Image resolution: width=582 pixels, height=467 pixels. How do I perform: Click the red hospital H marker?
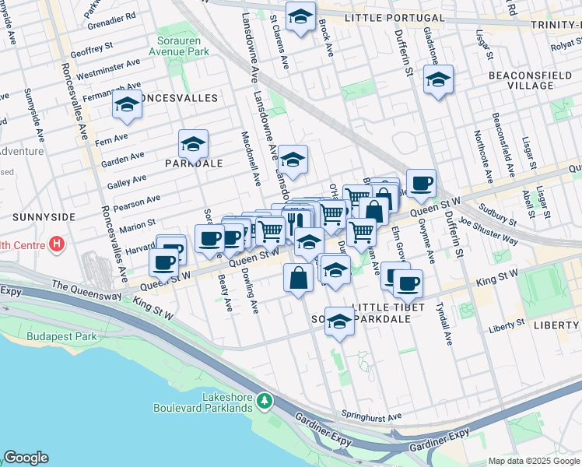coord(56,244)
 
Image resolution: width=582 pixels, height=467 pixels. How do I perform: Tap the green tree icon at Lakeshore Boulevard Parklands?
coord(265,400)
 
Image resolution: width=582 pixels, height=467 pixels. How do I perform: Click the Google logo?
coord(26,458)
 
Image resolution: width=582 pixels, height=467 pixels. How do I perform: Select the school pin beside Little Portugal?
coord(299,16)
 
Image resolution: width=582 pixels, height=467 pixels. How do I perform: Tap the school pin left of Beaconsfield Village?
coord(438,79)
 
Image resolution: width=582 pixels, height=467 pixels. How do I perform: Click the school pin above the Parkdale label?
coord(193,143)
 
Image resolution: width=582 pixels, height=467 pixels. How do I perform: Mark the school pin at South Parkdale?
coord(339,321)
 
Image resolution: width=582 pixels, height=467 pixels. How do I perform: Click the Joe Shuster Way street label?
coord(488,231)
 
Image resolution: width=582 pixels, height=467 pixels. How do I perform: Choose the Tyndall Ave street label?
coord(444,323)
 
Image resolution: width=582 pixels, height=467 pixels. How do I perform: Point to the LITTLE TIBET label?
coord(388,307)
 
